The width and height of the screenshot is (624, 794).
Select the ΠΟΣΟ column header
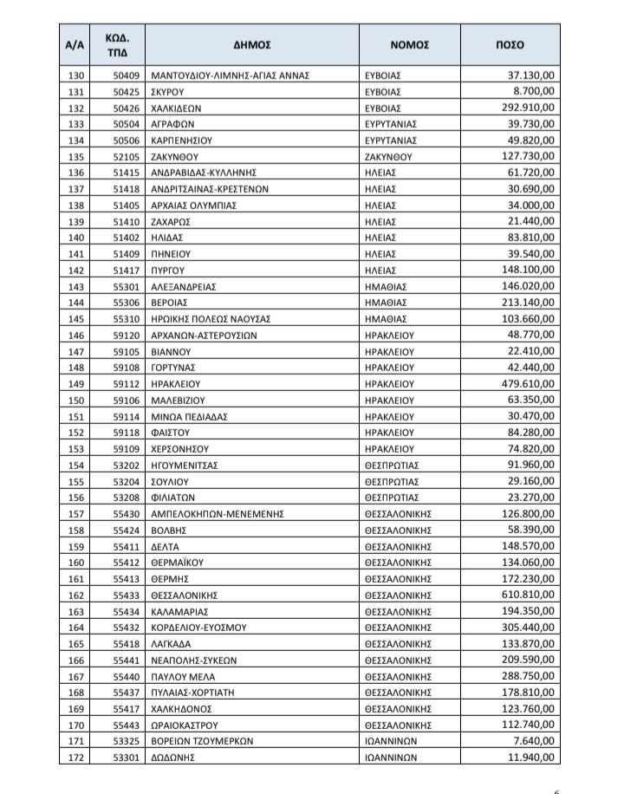tap(510, 45)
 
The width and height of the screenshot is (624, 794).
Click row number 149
tap(78, 384)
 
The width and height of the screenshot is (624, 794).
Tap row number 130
tap(78, 75)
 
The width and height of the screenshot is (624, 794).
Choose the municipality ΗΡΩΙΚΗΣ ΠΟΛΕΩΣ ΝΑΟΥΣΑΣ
tap(211, 319)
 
